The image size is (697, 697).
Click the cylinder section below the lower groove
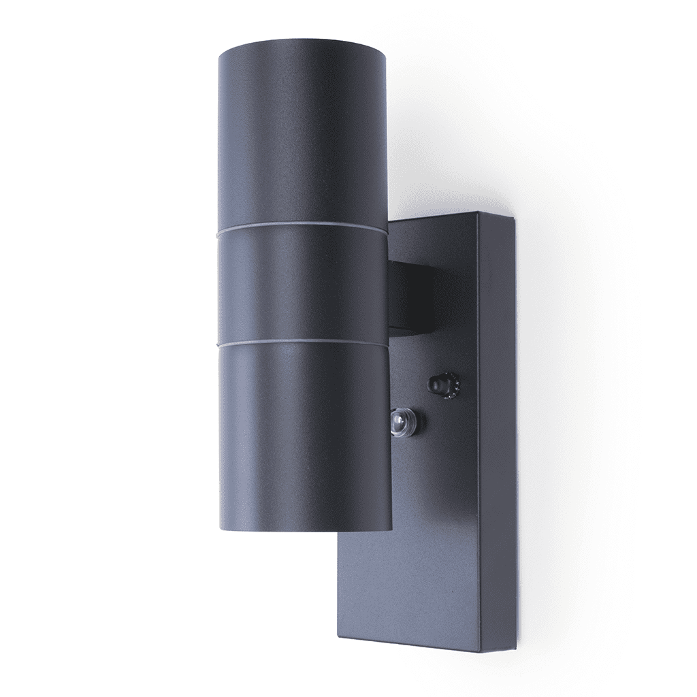pyautogui.click(x=304, y=436)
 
